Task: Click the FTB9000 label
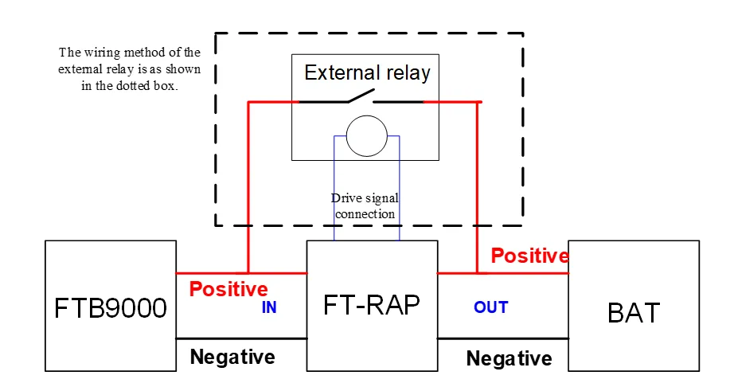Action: (x=111, y=308)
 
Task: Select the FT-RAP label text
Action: (x=371, y=305)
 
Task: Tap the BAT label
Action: (x=634, y=312)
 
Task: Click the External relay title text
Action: (x=367, y=72)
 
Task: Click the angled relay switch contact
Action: (x=360, y=96)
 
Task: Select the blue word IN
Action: (x=269, y=307)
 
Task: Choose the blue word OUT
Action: (x=490, y=307)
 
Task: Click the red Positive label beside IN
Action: (x=228, y=289)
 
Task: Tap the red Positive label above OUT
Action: (x=530, y=256)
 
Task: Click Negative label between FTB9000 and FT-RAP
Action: (x=232, y=358)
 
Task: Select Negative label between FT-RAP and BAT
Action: (x=509, y=358)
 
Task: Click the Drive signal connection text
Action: (x=365, y=205)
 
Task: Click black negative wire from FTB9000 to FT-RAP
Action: (x=241, y=338)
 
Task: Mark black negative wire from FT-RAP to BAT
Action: (x=503, y=338)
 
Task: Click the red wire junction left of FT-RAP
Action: (x=248, y=273)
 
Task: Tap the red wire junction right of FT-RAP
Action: (x=477, y=273)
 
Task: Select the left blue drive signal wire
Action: (x=334, y=188)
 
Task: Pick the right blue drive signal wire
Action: (x=400, y=188)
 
